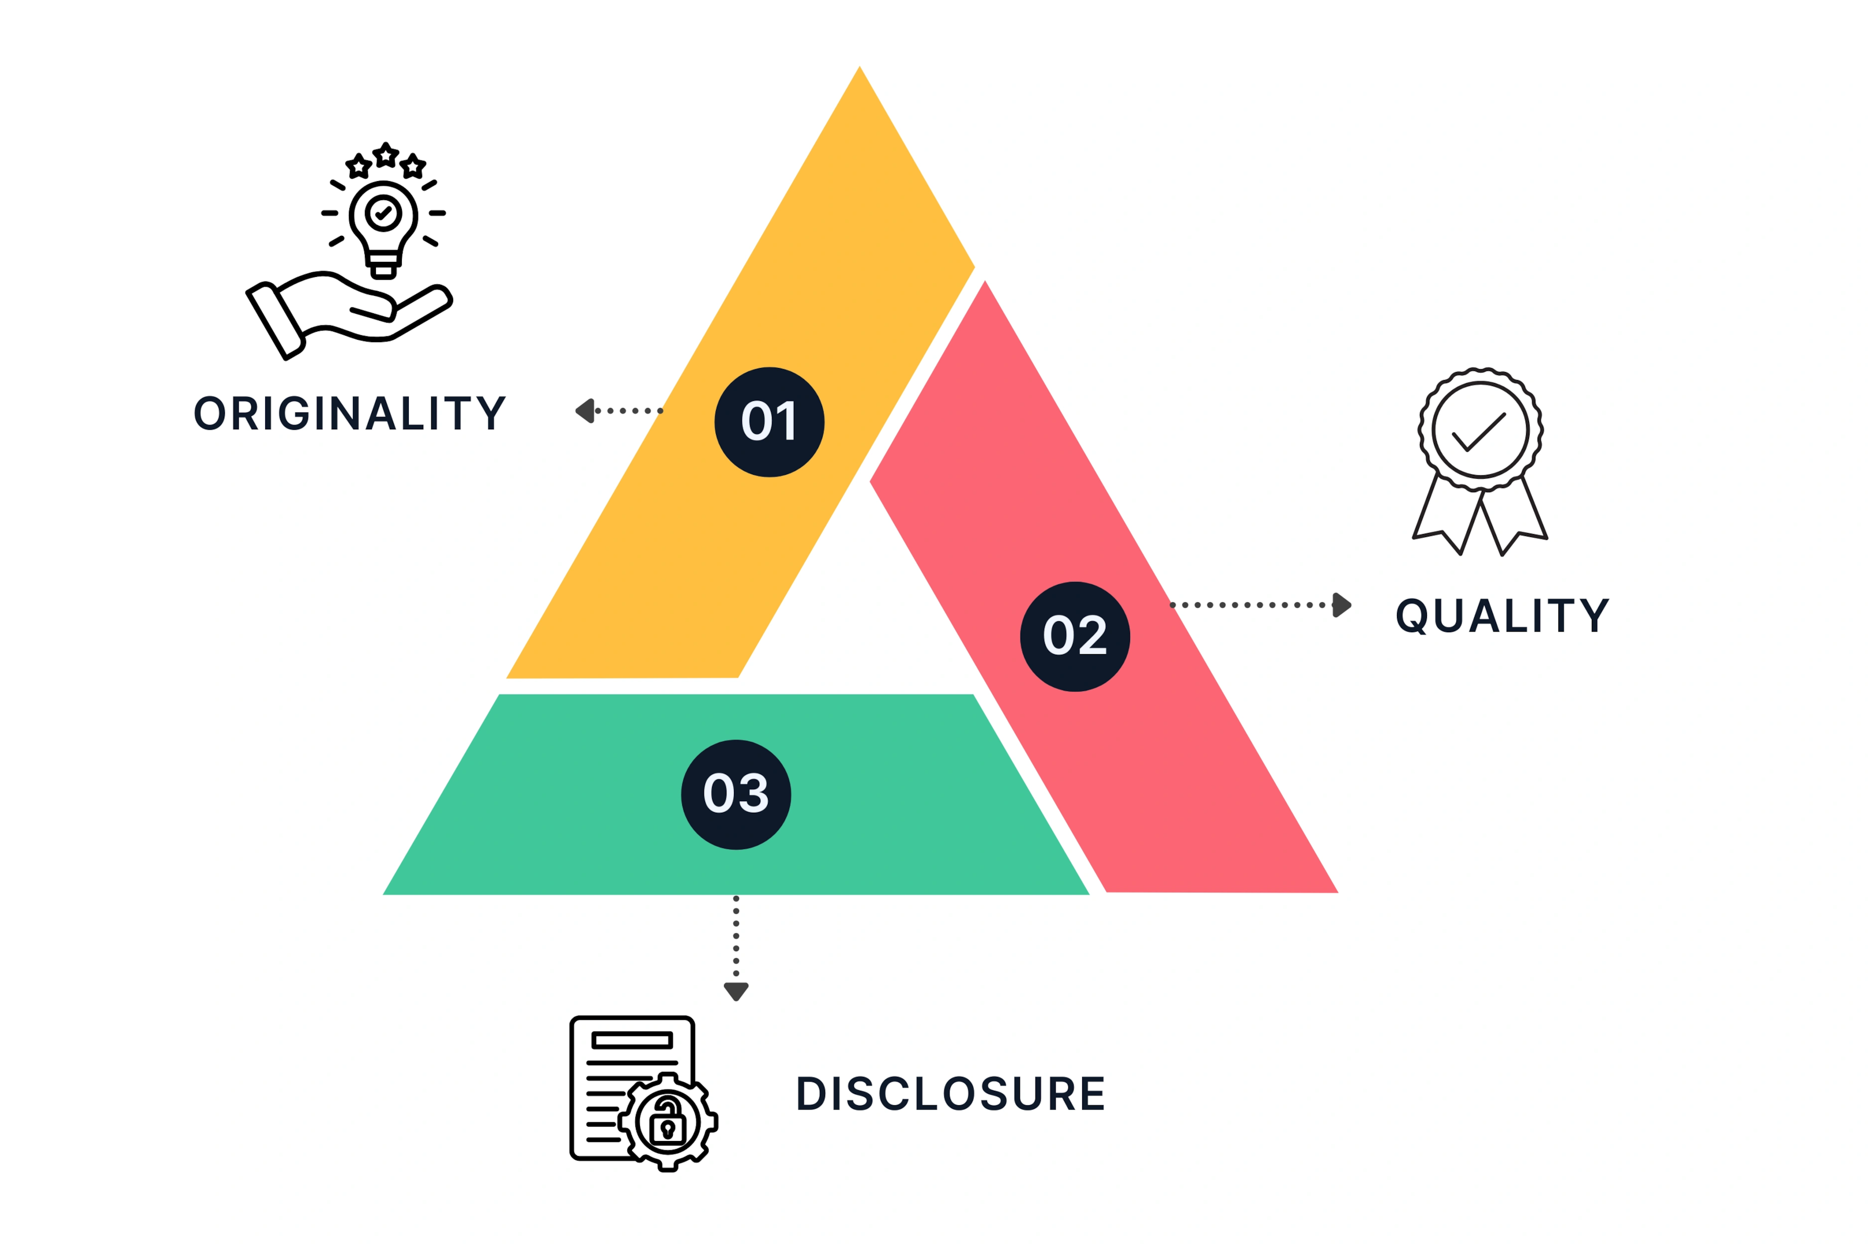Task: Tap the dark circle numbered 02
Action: (x=1075, y=636)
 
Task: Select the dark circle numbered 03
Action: (x=736, y=795)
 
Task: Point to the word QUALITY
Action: (x=1502, y=616)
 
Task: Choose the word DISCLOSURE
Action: (x=950, y=1094)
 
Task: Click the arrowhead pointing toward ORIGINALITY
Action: (x=585, y=411)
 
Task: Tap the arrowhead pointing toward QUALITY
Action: (x=1342, y=605)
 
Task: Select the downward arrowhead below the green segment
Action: (x=736, y=992)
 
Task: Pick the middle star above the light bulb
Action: (x=386, y=155)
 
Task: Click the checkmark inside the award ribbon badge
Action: (x=1479, y=432)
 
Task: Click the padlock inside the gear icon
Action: (x=667, y=1122)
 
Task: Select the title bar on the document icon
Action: (x=632, y=1040)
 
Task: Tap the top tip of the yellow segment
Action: (x=860, y=67)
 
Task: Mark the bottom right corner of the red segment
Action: (x=1338, y=892)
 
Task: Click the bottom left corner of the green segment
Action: (x=383, y=895)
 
